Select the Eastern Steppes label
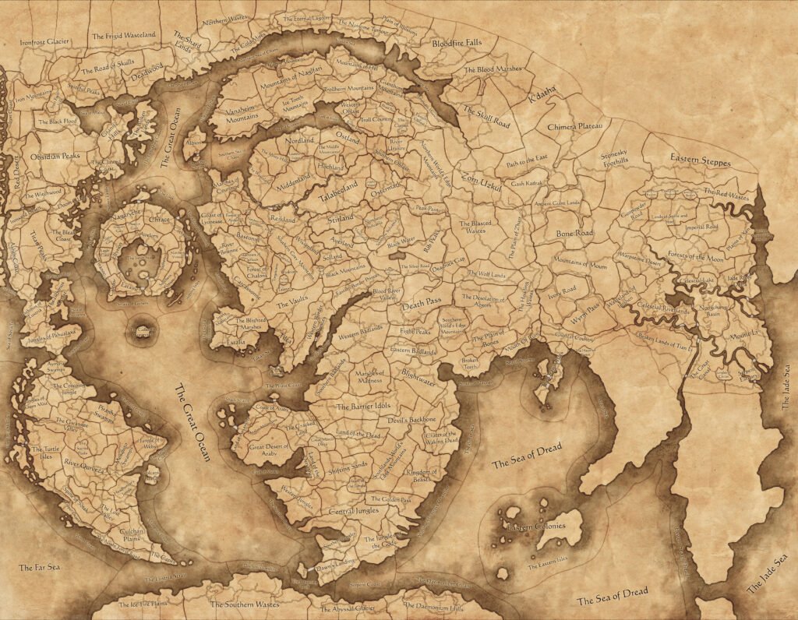701,160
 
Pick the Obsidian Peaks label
55,156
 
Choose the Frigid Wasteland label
124,35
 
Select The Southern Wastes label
241,604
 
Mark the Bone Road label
575,233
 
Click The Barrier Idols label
362,407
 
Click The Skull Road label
486,117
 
